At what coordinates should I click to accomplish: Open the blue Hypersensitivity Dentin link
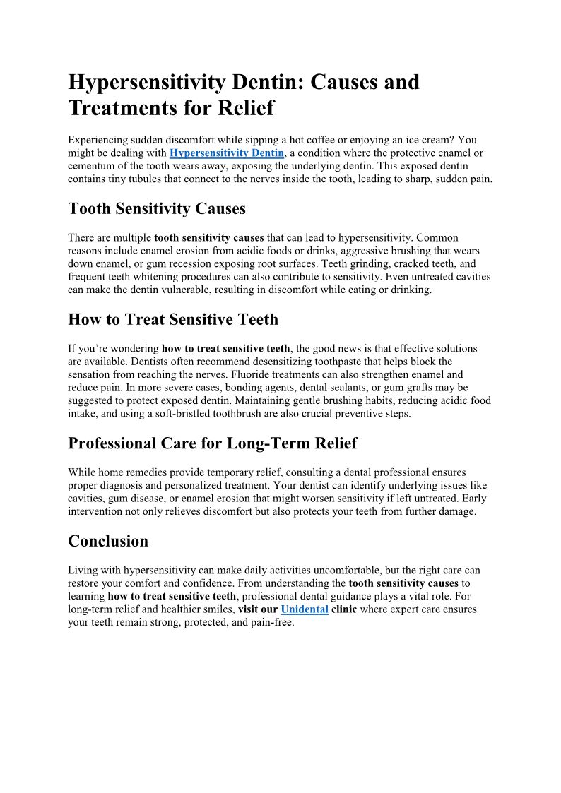click(x=227, y=153)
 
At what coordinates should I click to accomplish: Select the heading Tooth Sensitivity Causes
click(x=157, y=209)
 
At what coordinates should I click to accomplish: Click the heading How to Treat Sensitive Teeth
click(x=173, y=320)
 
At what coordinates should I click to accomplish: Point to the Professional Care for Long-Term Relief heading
click(x=213, y=443)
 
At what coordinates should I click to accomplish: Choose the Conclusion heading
click(x=108, y=542)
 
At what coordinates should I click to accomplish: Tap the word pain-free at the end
click(x=269, y=623)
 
